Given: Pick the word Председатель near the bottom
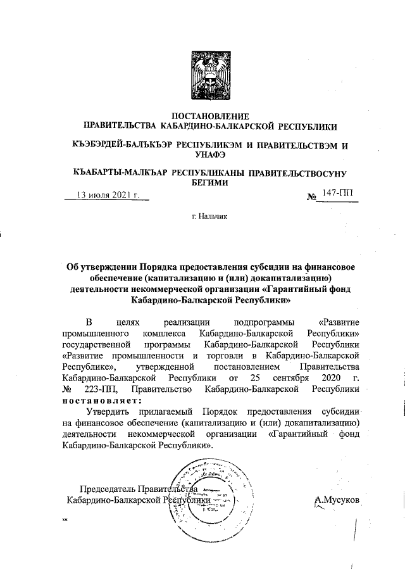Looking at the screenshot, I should click(x=108, y=489).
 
